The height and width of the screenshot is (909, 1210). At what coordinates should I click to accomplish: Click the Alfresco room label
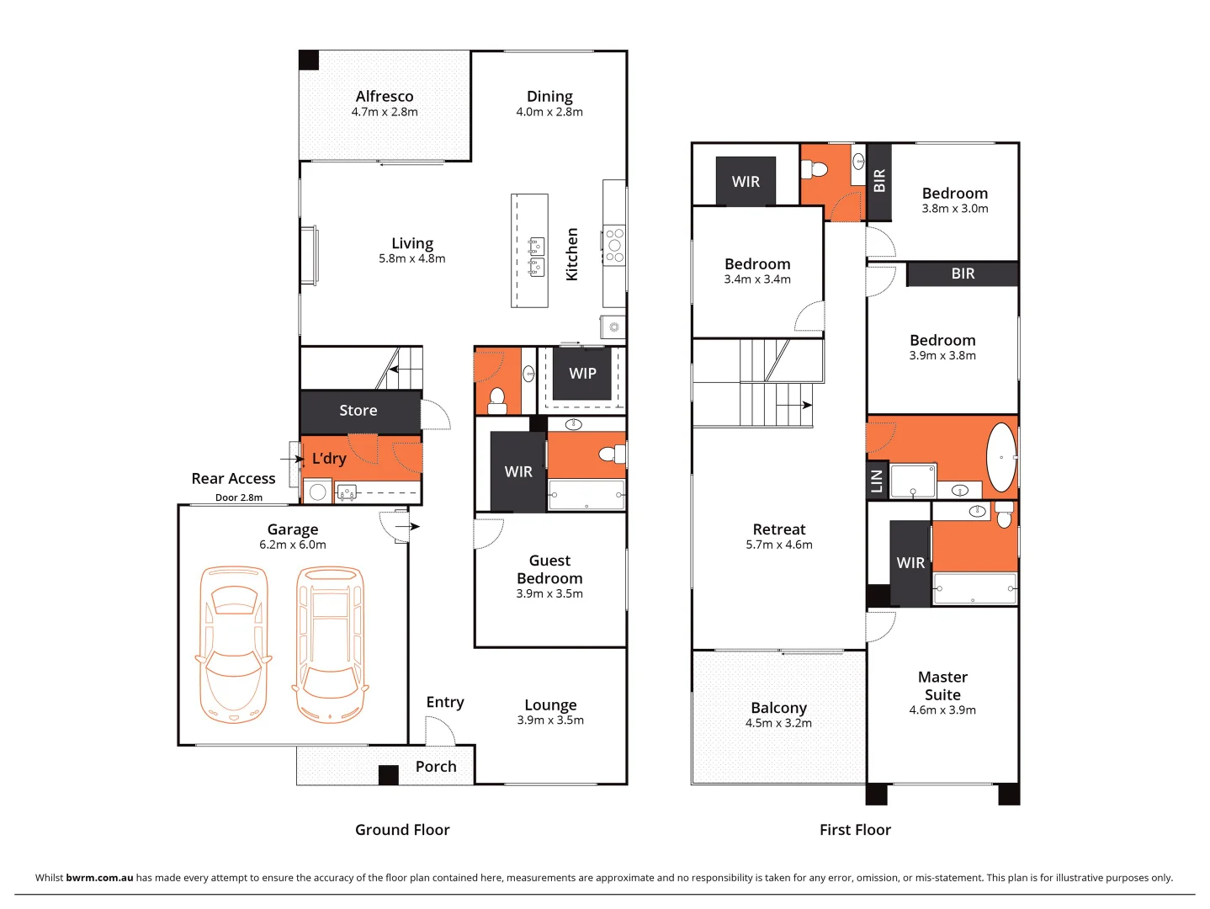point(384,97)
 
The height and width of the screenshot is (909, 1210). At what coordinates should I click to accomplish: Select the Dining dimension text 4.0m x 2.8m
point(549,112)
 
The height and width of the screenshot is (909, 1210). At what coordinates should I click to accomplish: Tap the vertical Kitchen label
point(572,254)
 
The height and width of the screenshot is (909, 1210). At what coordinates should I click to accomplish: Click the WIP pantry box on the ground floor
point(582,374)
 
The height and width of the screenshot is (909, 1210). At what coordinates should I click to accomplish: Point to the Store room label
point(358,411)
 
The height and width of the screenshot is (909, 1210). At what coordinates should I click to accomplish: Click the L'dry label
point(329,459)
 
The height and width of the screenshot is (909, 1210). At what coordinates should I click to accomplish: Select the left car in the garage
point(233,645)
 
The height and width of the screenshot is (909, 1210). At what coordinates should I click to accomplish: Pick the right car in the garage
point(331,645)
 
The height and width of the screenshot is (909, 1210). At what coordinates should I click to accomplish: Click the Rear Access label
point(233,479)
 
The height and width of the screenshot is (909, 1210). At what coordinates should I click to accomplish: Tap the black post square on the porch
point(388,774)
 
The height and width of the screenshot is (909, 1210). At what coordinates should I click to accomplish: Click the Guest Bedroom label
point(549,570)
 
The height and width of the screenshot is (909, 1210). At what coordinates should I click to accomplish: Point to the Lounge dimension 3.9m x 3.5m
point(550,720)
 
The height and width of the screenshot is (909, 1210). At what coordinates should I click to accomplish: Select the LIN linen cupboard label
point(877,481)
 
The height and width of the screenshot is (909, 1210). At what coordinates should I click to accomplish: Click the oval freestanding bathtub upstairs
point(1000,457)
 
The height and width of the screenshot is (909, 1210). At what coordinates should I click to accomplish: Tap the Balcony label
point(778,709)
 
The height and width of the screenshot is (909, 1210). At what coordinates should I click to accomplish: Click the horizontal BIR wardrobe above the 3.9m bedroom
point(963,274)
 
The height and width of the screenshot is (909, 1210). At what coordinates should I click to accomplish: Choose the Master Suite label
point(942,686)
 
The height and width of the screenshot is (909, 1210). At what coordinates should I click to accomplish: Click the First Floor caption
point(855,830)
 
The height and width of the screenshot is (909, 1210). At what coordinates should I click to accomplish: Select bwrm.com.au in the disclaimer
point(99,878)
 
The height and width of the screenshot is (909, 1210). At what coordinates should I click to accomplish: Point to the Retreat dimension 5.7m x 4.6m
point(779,545)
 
